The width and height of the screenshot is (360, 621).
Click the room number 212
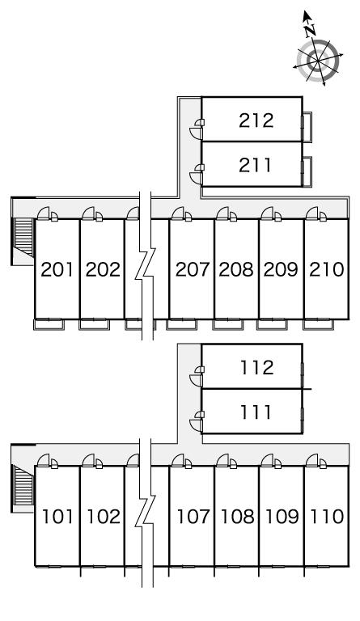(x=256, y=120)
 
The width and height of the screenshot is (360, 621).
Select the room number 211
(x=256, y=166)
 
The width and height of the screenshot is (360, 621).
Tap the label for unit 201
(x=57, y=270)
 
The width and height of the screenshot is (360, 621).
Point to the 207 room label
(x=192, y=270)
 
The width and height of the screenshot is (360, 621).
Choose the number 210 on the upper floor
(x=327, y=270)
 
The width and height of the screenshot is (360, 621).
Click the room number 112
(x=257, y=368)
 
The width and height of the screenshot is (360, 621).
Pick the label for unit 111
(x=256, y=412)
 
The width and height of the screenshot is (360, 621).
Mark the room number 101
(x=57, y=517)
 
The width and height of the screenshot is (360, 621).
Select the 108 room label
(x=237, y=517)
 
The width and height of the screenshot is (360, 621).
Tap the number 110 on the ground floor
(x=327, y=517)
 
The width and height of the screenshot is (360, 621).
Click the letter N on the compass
(x=312, y=30)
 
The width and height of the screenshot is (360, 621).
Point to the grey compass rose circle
(x=319, y=61)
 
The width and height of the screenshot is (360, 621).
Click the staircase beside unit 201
(x=23, y=236)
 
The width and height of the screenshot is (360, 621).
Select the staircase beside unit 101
(x=23, y=485)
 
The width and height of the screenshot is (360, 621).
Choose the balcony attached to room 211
(x=307, y=171)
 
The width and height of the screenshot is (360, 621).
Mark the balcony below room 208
(x=227, y=324)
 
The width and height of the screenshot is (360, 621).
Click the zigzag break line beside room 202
(x=146, y=265)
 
